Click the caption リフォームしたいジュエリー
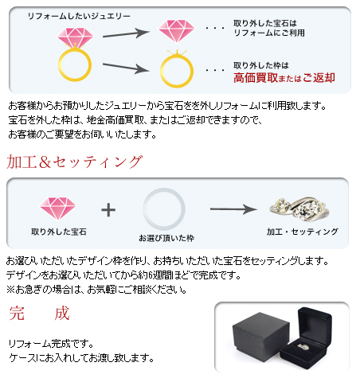79,17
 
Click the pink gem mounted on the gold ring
76,37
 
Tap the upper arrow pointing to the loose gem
126,33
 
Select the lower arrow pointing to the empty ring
126,68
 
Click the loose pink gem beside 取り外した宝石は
176,31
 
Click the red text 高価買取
256,78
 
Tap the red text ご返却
319,78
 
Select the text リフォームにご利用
269,33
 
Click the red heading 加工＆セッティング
75,162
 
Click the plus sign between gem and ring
108,210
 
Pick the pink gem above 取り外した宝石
58,209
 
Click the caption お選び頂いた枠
166,238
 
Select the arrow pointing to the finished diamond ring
233,209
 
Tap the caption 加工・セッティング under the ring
303,232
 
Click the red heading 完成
39,314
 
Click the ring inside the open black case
303,346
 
